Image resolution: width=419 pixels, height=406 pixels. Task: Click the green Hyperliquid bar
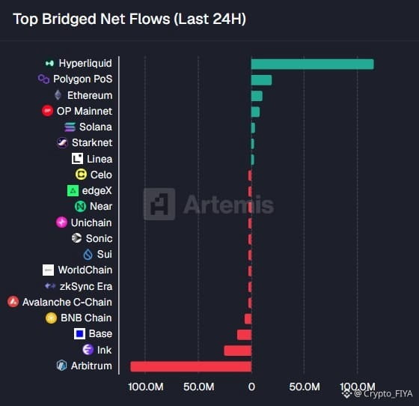tap(313, 64)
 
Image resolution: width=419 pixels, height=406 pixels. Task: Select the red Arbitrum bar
tap(191, 366)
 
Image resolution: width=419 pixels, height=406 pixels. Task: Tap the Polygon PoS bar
tap(261, 80)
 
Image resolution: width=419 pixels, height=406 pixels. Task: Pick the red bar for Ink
tap(238, 351)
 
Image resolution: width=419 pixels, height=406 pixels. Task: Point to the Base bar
tap(244, 335)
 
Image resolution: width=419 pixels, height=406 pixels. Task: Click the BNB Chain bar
tap(248, 319)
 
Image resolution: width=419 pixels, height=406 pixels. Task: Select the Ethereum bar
tap(257, 96)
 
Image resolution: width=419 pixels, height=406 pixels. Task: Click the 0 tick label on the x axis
tap(251, 387)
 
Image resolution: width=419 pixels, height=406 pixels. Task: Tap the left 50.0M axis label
tap(198, 387)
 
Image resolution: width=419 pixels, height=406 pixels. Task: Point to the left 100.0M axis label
tap(146, 387)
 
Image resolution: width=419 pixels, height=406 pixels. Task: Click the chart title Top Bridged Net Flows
tap(91, 19)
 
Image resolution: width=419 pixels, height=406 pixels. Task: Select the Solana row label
tap(96, 127)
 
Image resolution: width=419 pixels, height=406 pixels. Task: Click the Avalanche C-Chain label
tap(67, 302)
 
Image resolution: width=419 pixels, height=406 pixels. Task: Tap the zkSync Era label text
tap(86, 286)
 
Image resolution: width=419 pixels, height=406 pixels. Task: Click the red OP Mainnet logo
tap(48, 111)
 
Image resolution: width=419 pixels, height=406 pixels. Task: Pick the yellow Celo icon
tap(81, 175)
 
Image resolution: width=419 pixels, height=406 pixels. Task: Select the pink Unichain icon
tap(61, 222)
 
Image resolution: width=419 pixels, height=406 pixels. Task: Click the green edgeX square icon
tap(73, 191)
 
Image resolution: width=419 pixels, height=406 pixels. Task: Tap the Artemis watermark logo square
tap(159, 204)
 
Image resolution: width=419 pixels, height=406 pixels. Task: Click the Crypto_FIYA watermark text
tap(383, 394)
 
